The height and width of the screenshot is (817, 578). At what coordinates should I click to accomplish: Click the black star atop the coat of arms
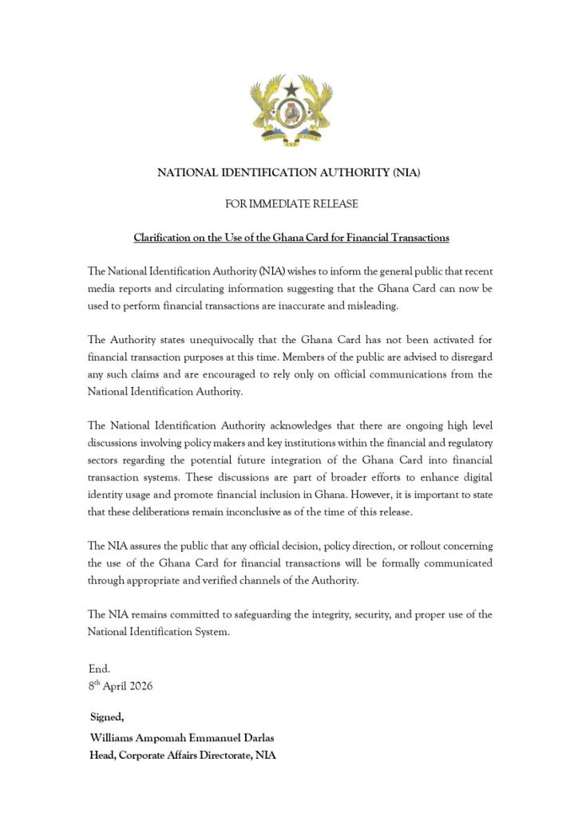[x=291, y=89]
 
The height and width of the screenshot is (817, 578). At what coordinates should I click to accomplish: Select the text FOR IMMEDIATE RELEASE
[x=291, y=204]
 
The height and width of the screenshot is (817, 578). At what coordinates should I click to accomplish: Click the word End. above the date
[x=99, y=669]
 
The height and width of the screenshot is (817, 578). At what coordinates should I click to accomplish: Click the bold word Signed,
[x=107, y=718]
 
